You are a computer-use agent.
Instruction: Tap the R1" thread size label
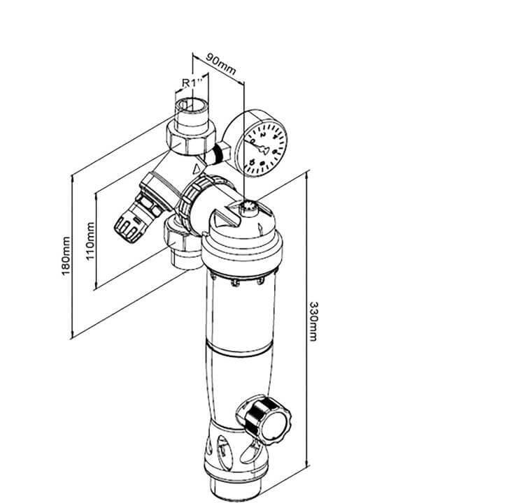[x=191, y=82]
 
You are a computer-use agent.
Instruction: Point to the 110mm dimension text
[x=90, y=241]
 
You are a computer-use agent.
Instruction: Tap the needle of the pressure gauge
[x=263, y=148]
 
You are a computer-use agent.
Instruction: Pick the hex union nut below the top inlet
[x=187, y=137]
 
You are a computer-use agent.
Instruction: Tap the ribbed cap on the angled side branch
[x=129, y=224]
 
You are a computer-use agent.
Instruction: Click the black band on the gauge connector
[x=223, y=150]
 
